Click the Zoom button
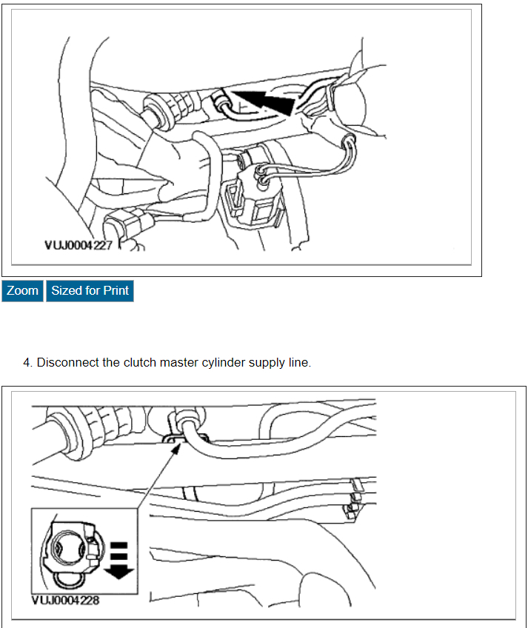click(22, 291)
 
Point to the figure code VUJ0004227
click(77, 245)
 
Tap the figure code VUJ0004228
click(66, 599)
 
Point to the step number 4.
click(27, 363)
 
